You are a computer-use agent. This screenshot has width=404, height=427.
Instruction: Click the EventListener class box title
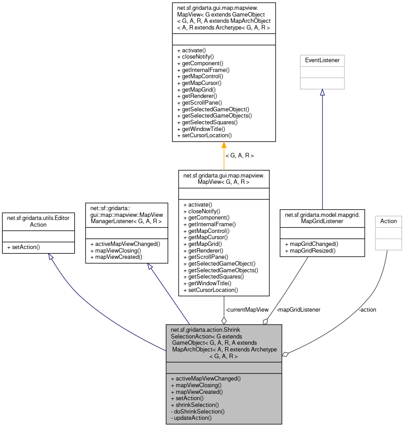click(x=322, y=60)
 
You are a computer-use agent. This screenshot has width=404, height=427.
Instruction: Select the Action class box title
click(x=388, y=221)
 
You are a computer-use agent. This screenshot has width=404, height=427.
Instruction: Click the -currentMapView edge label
click(x=247, y=309)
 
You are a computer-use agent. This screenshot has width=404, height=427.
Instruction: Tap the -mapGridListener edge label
click(x=298, y=309)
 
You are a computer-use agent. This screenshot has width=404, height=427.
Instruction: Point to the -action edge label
click(x=367, y=309)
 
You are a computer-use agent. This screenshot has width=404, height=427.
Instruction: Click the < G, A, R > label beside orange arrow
click(x=239, y=156)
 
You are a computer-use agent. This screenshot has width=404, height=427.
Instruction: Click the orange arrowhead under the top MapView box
click(x=224, y=145)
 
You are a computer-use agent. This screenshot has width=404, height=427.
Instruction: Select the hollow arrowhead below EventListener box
click(x=322, y=92)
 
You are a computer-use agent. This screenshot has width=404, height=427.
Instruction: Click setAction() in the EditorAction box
click(x=21, y=247)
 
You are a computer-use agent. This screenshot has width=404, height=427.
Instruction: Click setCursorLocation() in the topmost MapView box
click(x=204, y=135)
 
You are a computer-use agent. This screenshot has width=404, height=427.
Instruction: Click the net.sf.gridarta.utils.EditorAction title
click(x=38, y=221)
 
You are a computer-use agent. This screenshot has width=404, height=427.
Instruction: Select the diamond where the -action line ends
click(x=285, y=354)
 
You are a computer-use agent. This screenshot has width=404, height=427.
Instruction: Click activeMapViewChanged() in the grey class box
click(x=206, y=378)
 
